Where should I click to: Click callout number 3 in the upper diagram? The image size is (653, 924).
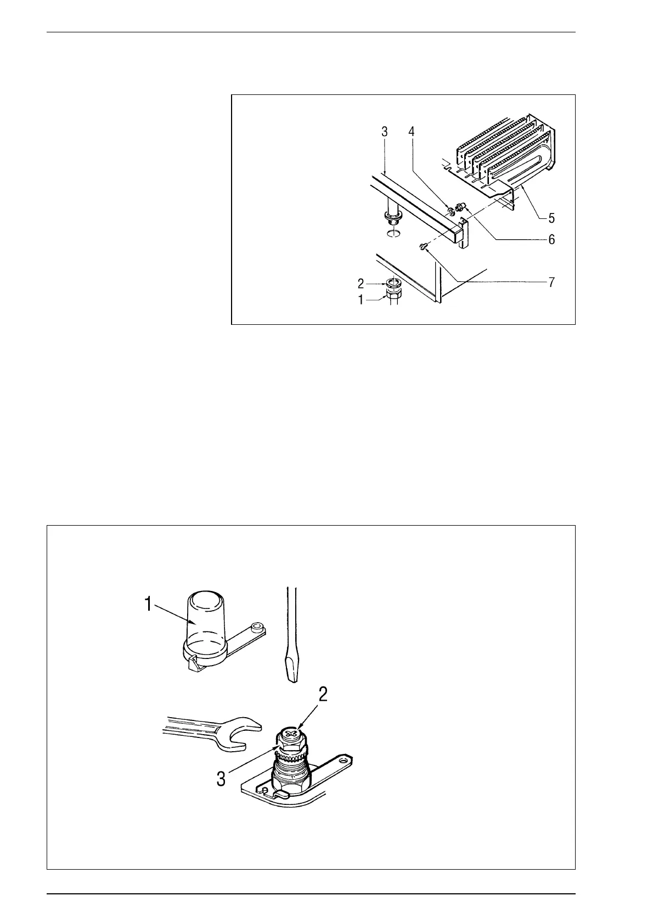point(385,132)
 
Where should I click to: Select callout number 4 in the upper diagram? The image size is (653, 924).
point(412,132)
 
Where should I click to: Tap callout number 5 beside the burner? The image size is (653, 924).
point(551,218)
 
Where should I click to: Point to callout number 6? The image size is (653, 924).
point(551,240)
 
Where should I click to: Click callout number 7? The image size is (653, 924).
point(551,283)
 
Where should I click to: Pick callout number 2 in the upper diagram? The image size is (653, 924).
point(361,284)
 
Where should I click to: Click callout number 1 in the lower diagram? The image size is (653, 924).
point(148,604)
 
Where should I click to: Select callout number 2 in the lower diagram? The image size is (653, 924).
point(323,694)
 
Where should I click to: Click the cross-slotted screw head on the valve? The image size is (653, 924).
point(291,733)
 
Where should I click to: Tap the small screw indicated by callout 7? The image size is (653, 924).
point(423,247)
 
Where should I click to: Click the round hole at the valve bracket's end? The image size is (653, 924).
point(344,762)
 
